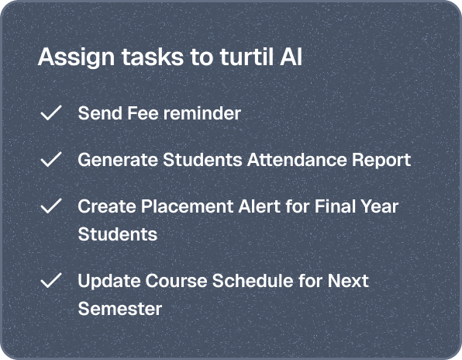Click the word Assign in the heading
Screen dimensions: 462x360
coord(76,57)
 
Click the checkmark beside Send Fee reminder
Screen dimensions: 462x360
coord(51,112)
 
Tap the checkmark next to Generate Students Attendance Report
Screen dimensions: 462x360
coord(51,159)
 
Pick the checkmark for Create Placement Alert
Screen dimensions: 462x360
coord(51,206)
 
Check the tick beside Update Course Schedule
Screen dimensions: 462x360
coord(51,280)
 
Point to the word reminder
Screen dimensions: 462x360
coord(202,113)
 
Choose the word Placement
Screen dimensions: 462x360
coord(187,206)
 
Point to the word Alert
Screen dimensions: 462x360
coord(259,206)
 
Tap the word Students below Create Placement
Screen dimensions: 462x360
coord(118,234)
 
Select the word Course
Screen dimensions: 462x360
coord(176,280)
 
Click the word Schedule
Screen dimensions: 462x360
coord(253,280)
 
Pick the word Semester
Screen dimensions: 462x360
coord(120,309)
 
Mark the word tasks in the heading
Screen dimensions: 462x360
coord(153,57)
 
